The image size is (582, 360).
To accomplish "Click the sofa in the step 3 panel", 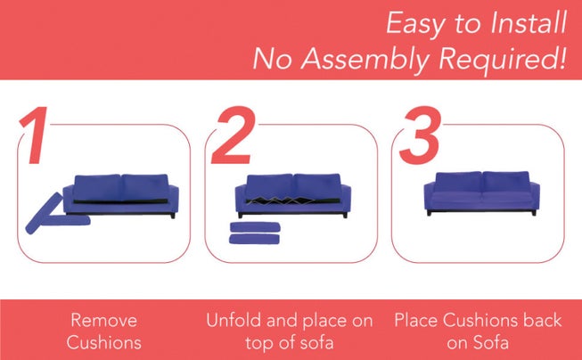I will pyautogui.click(x=482, y=192).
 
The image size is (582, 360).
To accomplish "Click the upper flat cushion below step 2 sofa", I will pyautogui.click(x=255, y=226).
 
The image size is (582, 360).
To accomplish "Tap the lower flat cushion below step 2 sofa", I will pyautogui.click(x=255, y=239).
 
